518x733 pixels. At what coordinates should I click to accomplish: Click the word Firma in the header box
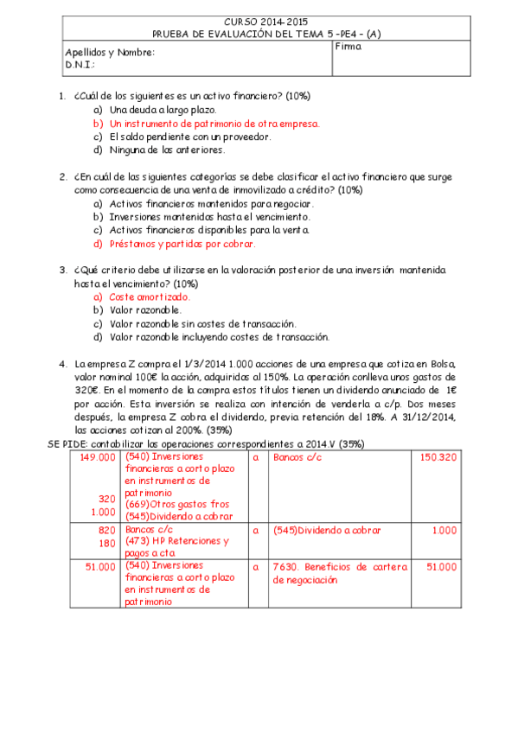coord(348,47)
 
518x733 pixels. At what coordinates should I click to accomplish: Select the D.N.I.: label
coord(80,65)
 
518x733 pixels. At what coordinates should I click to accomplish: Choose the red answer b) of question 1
coord(214,124)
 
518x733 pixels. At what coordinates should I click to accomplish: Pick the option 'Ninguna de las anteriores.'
coord(167,150)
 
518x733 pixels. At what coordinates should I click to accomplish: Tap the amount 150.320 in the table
coord(438,457)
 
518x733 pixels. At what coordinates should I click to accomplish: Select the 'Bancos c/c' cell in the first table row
coord(297,457)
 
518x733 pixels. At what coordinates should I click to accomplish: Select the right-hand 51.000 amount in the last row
coord(441,567)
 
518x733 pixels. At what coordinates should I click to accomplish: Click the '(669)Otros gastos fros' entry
coord(176,504)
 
